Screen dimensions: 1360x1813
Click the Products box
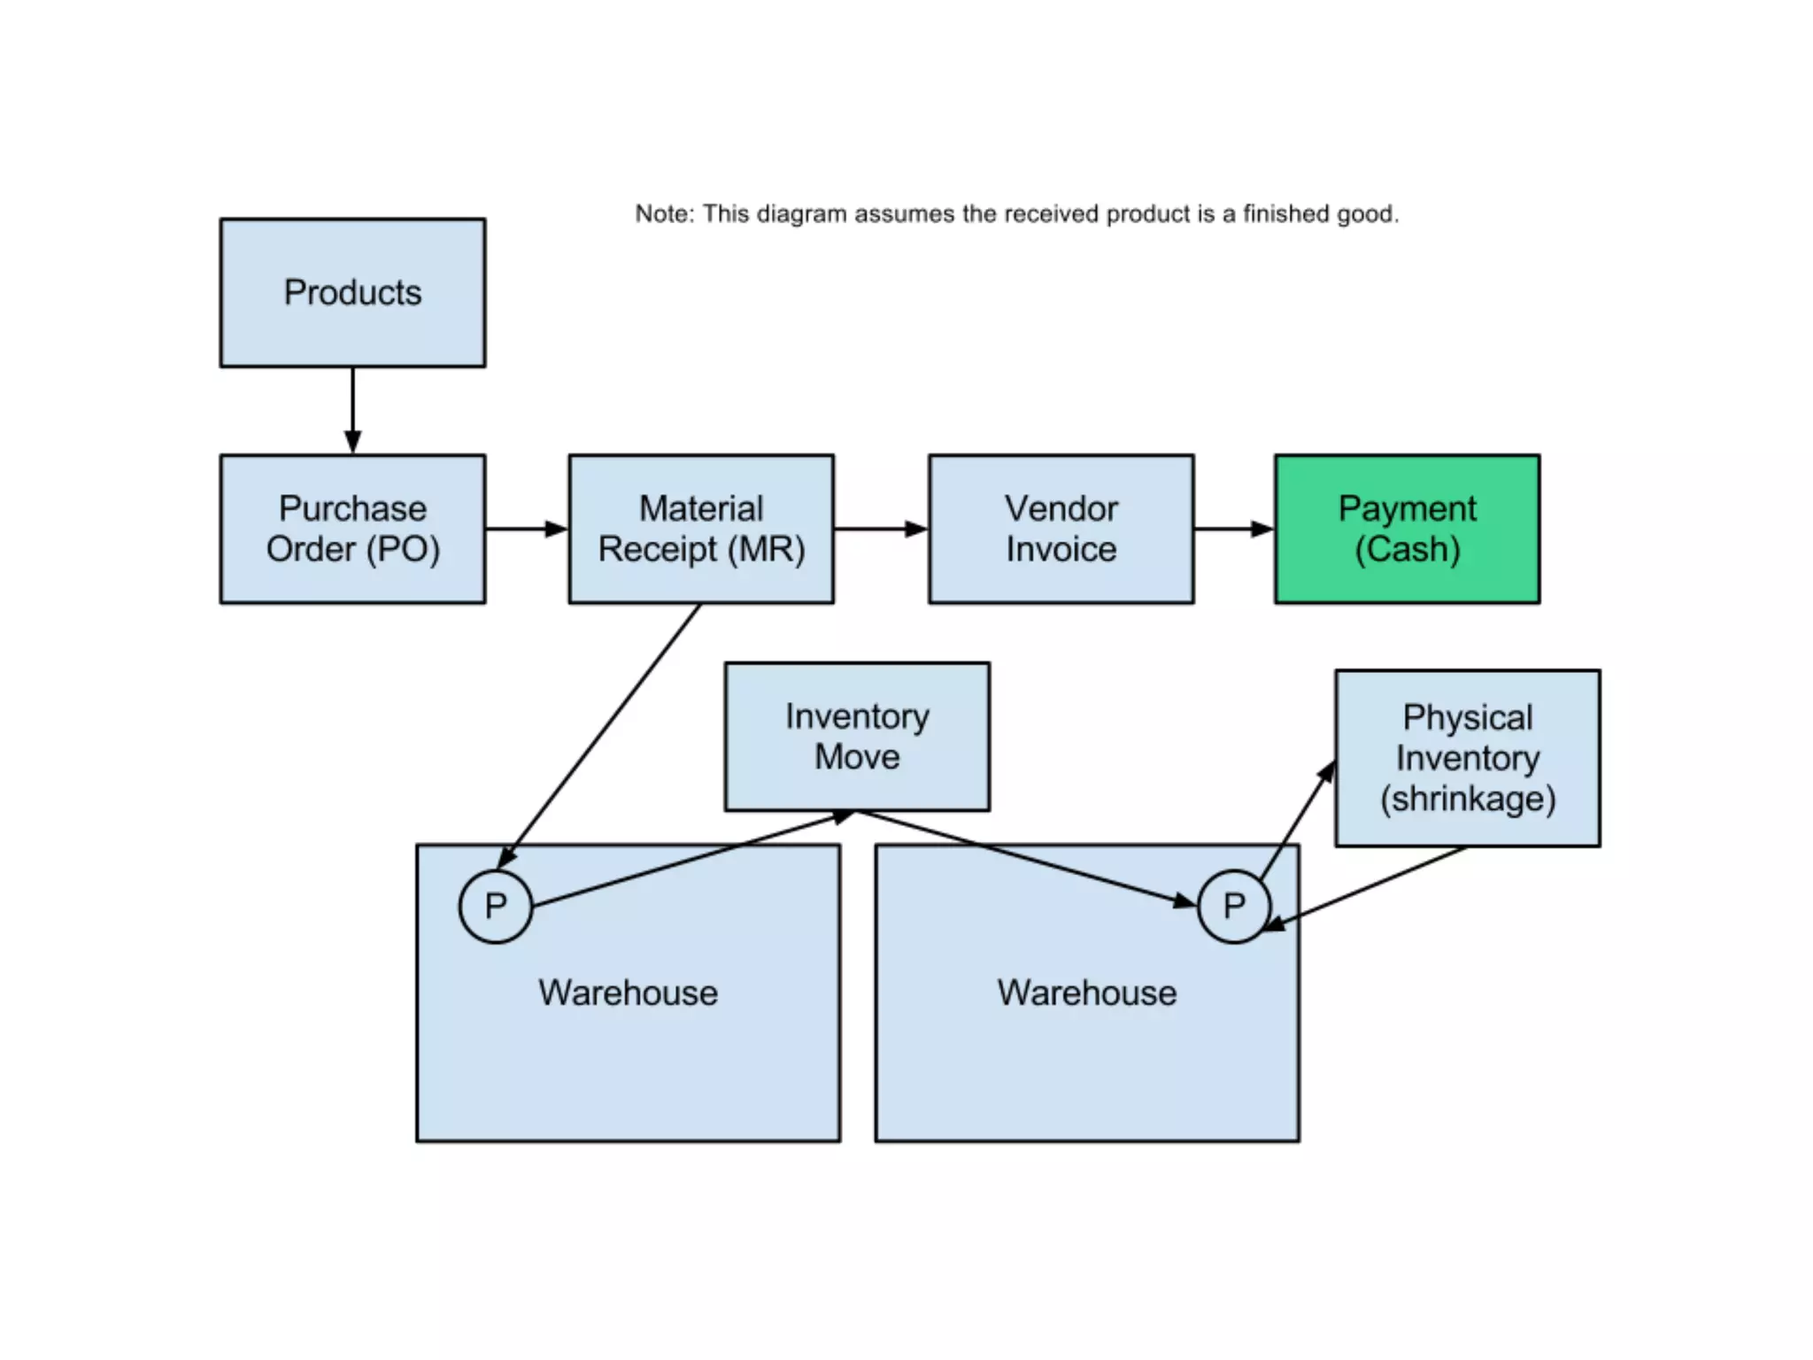tap(352, 293)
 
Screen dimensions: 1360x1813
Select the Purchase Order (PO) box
tap(352, 529)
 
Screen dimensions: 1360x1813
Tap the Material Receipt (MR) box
tap(700, 529)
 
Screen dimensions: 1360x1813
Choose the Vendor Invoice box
tap(1061, 529)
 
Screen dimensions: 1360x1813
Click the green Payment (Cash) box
tap(1407, 529)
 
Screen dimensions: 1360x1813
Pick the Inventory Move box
tap(856, 736)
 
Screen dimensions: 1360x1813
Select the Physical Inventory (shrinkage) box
tap(1467, 758)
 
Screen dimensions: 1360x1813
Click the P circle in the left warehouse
tap(496, 906)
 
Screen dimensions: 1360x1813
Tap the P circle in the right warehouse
tap(1233, 906)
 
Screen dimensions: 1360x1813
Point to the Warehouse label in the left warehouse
tap(628, 993)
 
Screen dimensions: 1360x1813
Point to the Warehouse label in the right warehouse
tap(1086, 993)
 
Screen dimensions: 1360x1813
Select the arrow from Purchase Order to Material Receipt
tap(526, 529)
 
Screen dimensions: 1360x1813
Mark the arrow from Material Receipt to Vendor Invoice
tap(880, 529)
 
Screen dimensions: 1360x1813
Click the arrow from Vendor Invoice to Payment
tap(1233, 529)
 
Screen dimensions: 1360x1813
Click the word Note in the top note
tap(663, 214)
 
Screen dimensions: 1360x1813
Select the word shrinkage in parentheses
tap(1467, 799)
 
